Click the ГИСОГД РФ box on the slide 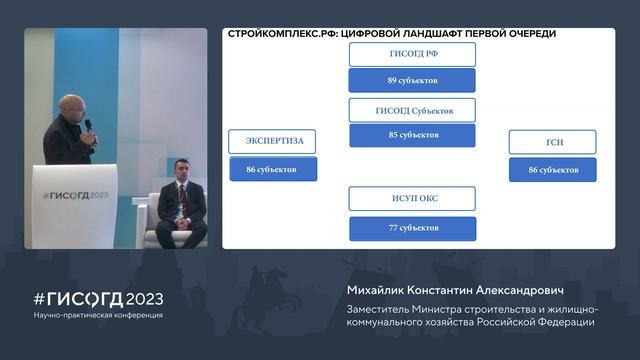412,54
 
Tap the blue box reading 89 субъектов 412,80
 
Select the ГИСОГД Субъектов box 412,110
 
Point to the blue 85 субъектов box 412,135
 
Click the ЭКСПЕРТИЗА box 273,141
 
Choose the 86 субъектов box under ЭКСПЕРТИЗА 273,169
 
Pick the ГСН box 552,142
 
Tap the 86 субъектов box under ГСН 552,170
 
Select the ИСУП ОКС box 412,198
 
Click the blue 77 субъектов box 412,228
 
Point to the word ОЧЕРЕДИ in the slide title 525,34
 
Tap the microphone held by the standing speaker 88,125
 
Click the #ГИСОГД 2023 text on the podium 75,195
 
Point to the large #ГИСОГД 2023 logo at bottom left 98,299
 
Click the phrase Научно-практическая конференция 98,315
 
